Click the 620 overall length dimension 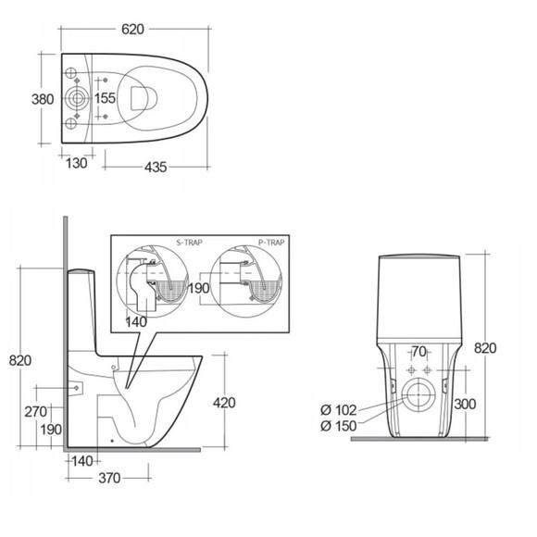pyautogui.click(x=133, y=30)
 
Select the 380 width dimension pyautogui.click(x=29, y=97)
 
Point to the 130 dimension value pyautogui.click(x=77, y=164)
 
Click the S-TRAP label pyautogui.click(x=190, y=242)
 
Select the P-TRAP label pyautogui.click(x=270, y=242)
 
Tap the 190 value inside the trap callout pyautogui.click(x=199, y=288)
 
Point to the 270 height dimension pyautogui.click(x=36, y=412)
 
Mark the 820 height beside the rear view pyautogui.click(x=486, y=348)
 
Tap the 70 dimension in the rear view pyautogui.click(x=418, y=352)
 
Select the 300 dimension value pyautogui.click(x=465, y=404)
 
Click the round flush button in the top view pyautogui.click(x=76, y=98)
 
